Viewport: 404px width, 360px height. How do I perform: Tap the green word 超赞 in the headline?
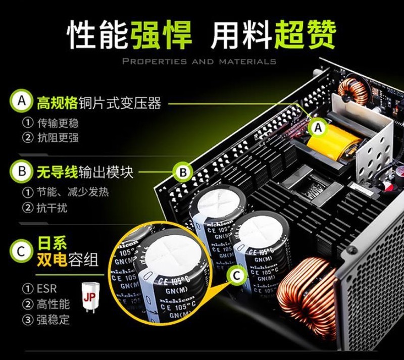click(305, 35)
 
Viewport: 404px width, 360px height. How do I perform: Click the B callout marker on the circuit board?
click(183, 173)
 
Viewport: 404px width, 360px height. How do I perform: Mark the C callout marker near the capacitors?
click(237, 275)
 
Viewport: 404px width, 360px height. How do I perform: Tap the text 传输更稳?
click(58, 123)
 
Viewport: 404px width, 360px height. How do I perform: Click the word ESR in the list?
click(47, 289)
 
